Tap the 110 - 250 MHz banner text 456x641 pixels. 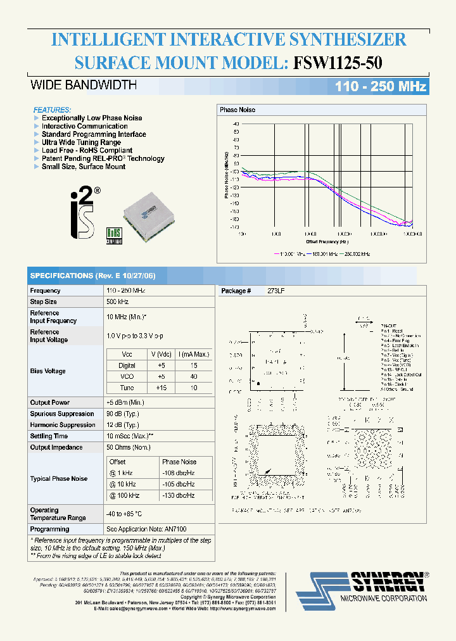[377, 87]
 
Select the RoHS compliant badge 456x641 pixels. [113, 234]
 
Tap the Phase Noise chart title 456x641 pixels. [237, 110]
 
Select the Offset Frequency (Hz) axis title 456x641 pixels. [327, 241]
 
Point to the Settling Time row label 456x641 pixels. [49, 436]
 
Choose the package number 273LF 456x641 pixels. [277, 291]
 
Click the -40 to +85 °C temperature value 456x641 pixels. [124, 514]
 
